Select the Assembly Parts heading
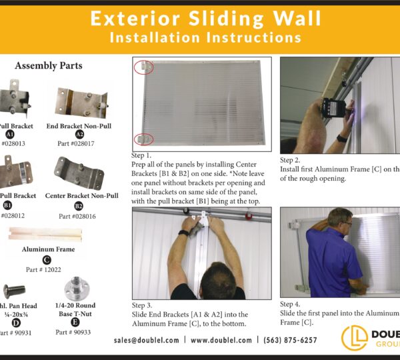49,66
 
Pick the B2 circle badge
78,206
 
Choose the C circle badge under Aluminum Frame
47,260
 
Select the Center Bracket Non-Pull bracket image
79,172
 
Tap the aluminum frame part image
45,234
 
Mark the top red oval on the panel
143,67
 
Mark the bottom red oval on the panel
143,138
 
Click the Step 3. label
144,305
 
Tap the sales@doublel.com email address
147,340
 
